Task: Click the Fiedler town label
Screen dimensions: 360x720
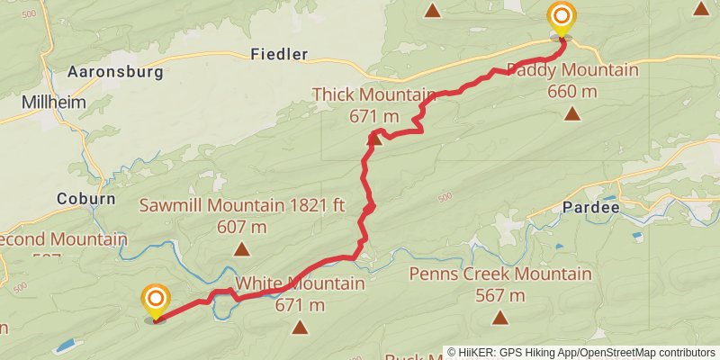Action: [x=279, y=54]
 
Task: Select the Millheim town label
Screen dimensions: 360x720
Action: [x=54, y=103]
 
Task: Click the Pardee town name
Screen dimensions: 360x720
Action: [x=590, y=207]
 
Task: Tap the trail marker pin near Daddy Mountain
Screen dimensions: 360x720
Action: [x=562, y=19]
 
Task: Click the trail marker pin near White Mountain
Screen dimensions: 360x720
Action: [x=156, y=300]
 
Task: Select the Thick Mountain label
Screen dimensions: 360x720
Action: [x=373, y=94]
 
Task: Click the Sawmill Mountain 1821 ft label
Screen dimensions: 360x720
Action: [x=242, y=205]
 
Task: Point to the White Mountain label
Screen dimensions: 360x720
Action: [x=300, y=284]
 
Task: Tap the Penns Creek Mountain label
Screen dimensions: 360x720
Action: [x=500, y=274]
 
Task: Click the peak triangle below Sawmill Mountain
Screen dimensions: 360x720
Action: [x=241, y=249]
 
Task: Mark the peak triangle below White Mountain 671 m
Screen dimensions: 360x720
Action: [x=299, y=328]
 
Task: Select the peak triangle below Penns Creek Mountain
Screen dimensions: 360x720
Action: [x=500, y=318]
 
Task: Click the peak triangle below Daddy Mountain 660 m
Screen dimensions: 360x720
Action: [x=572, y=113]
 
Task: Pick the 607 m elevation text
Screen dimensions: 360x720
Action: [x=242, y=227]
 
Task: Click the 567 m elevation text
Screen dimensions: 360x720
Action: [x=500, y=295]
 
